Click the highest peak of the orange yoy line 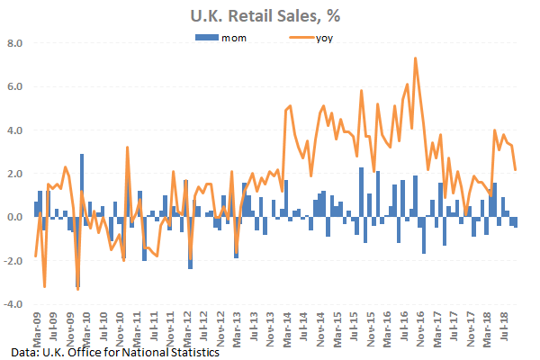coord(415,58)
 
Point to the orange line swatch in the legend coord(300,38)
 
